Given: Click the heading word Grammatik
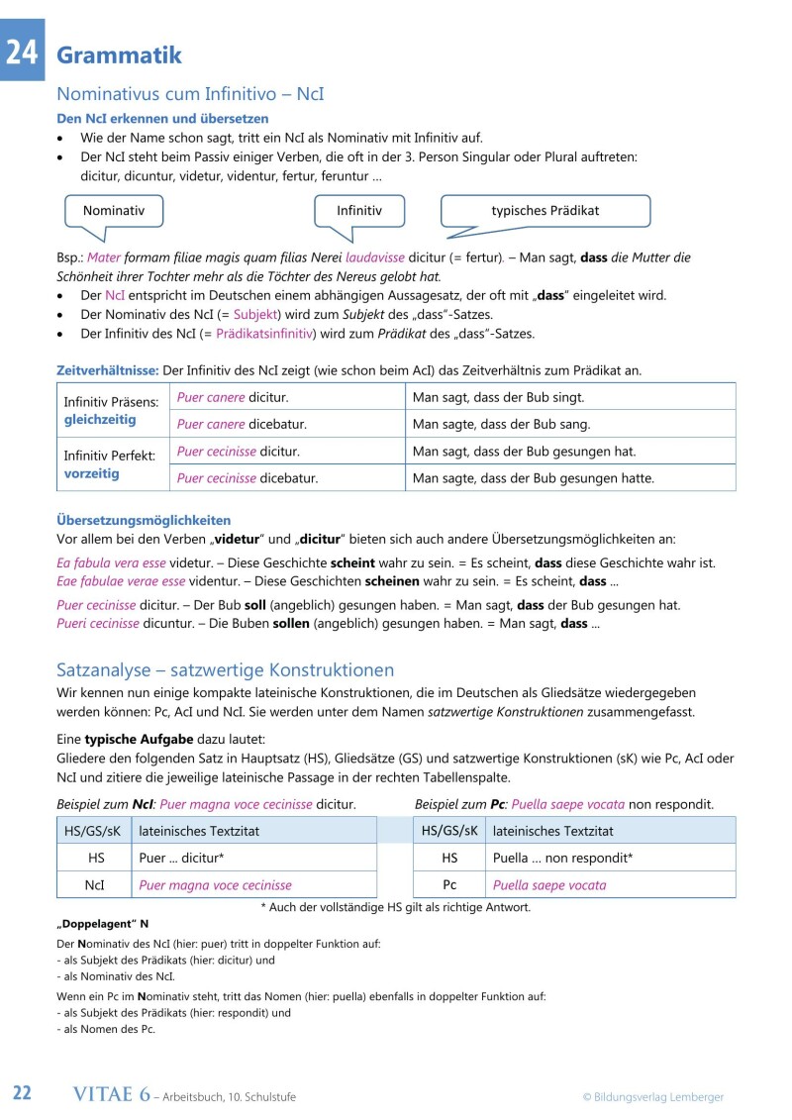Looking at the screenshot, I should pyautogui.click(x=120, y=55).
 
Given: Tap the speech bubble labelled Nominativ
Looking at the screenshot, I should pyautogui.click(x=113, y=211).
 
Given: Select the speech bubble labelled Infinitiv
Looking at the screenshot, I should pyautogui.click(x=358, y=211).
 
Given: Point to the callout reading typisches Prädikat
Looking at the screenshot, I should pyautogui.click(x=544, y=211).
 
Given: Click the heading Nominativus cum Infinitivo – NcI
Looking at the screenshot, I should pyautogui.click(x=190, y=95).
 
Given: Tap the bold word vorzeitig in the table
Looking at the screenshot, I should pyautogui.click(x=91, y=473).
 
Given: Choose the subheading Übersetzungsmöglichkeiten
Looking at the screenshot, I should pyautogui.click(x=144, y=520).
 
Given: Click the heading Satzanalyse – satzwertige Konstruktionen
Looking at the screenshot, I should pyautogui.click(x=226, y=670).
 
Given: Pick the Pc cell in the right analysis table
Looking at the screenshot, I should pyautogui.click(x=449, y=885).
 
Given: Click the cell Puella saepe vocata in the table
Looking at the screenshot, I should pyautogui.click(x=549, y=885).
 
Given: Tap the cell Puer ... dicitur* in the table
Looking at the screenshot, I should pyautogui.click(x=188, y=859).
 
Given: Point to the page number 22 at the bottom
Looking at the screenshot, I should pyautogui.click(x=23, y=1094).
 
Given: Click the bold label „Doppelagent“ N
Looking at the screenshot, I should pyautogui.click(x=102, y=923).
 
